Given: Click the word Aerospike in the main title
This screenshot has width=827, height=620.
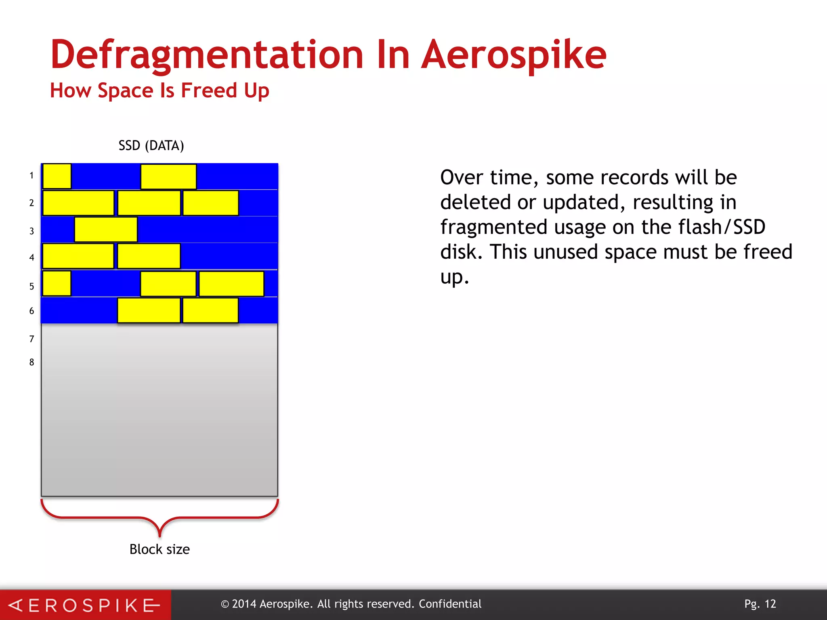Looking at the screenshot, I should [514, 56].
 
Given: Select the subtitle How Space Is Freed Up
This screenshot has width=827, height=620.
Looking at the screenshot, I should [160, 90].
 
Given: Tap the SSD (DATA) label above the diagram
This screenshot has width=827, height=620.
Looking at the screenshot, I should [151, 145].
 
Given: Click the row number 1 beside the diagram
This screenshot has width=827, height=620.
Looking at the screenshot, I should [31, 176].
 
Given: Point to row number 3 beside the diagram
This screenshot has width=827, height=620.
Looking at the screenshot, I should [31, 231].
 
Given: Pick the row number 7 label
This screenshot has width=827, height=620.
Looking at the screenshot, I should [31, 339].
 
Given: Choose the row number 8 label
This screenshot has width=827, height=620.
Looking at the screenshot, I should [31, 362].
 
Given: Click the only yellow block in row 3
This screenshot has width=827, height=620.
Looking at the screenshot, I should [106, 230].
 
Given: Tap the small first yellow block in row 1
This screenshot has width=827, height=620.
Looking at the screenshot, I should [57, 176].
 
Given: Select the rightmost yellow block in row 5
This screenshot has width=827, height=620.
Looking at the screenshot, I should [231, 284].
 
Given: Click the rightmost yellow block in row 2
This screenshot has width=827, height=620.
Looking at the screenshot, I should [210, 203].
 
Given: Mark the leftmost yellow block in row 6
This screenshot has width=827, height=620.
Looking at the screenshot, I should [149, 310].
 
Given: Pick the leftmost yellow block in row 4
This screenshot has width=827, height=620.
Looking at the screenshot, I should [78, 256].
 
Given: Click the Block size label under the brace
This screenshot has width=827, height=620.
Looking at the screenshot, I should [160, 549].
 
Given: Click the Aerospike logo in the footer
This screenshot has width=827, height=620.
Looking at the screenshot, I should [85, 605].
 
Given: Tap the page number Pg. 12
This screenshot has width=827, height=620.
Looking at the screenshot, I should [760, 604].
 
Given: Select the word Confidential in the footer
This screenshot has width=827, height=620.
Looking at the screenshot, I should [450, 604].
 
